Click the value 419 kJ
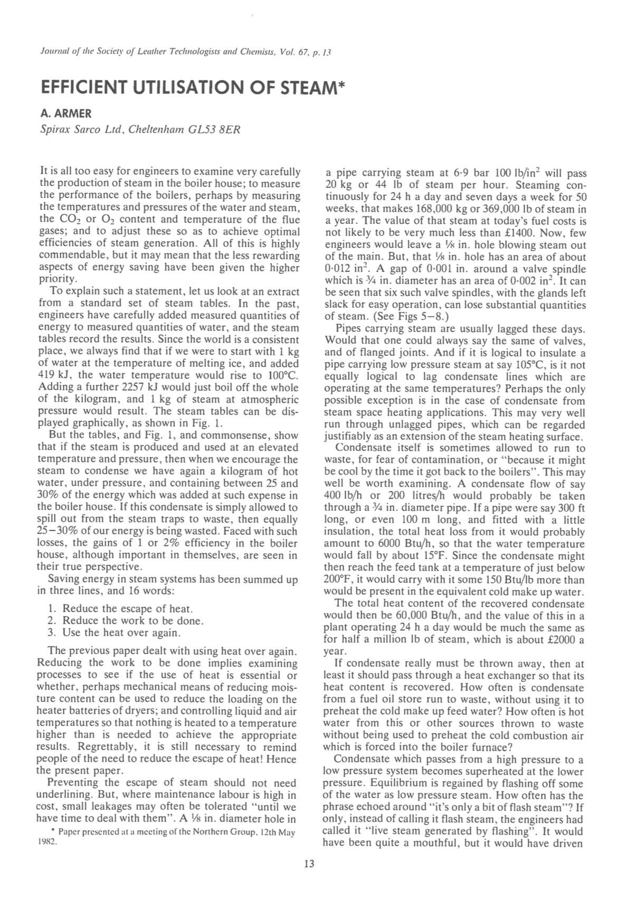(53, 375)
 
